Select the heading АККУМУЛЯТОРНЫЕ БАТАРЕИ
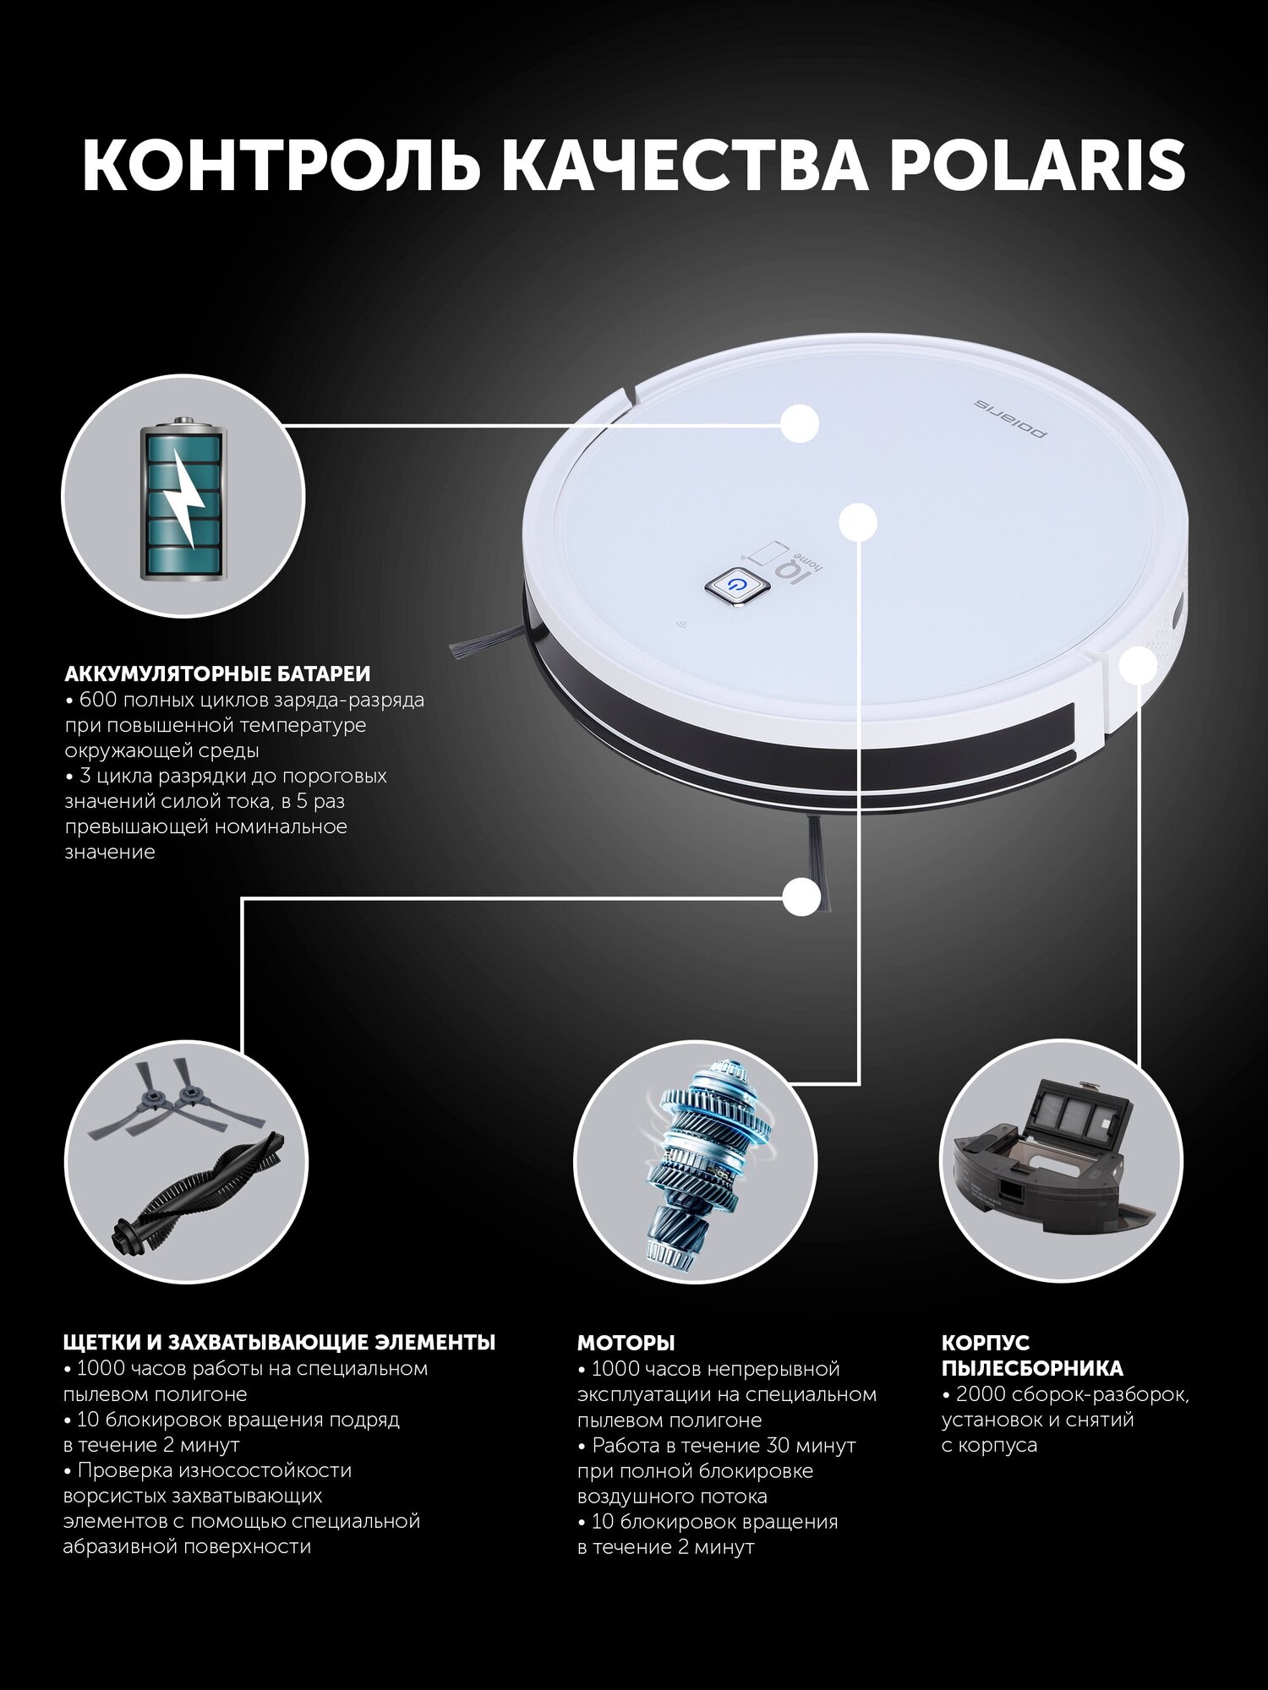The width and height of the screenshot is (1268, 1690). click(218, 674)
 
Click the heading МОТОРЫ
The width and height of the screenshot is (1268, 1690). click(626, 1343)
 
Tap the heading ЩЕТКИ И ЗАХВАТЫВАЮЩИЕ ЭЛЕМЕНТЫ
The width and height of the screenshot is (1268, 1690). click(280, 1343)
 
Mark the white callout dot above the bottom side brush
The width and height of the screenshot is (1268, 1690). click(801, 897)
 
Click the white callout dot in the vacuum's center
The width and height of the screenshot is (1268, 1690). click(858, 522)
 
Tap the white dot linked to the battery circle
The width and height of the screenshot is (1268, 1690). click(800, 422)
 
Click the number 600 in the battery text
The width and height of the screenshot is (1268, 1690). click(95, 701)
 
